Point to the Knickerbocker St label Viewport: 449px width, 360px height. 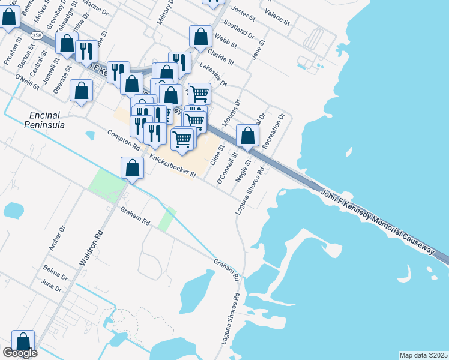(x=173, y=166)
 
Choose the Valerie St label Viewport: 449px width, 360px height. (x=277, y=18)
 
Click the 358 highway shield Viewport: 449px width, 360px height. (x=37, y=36)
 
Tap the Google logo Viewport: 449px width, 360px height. (x=20, y=353)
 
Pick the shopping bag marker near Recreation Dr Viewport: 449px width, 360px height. (x=247, y=136)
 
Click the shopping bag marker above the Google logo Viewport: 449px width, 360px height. (x=23, y=341)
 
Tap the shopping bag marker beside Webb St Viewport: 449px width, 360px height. (x=200, y=37)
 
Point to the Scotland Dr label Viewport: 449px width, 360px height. (x=238, y=29)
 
